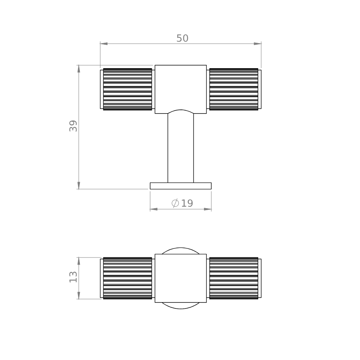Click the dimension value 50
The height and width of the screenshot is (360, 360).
point(182,39)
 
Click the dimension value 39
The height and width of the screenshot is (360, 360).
point(73,126)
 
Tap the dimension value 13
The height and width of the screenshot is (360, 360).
point(73,277)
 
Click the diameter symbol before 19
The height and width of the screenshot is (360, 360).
point(175,203)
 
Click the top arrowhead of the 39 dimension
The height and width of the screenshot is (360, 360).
point(79,69)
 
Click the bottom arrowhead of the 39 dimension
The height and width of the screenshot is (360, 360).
point(79,185)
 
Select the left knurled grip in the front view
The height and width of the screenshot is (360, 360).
point(128,89)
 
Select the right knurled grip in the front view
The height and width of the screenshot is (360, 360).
point(234,89)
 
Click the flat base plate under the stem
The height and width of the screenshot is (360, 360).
point(181,186)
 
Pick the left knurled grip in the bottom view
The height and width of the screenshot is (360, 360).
point(128,278)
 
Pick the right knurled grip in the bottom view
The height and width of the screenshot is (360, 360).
point(234,278)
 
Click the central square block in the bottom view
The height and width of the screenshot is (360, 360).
point(181,278)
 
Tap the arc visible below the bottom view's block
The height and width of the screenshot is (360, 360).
point(181,306)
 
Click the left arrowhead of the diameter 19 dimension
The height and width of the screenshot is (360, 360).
point(154,209)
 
